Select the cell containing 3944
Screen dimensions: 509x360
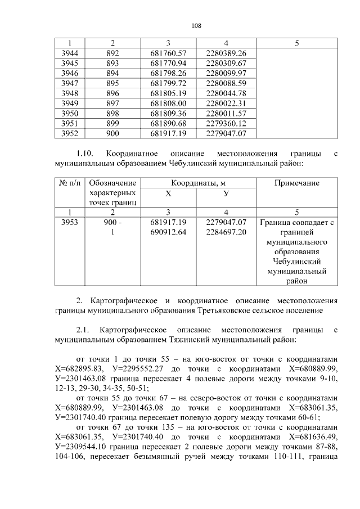70,53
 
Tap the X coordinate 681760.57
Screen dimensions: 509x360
168,53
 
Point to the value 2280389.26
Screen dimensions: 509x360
226,53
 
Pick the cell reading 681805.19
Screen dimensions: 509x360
168,93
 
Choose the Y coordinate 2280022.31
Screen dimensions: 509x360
226,103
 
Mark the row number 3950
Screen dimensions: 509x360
70,114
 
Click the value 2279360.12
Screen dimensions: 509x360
226,124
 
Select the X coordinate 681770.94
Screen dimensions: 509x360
168,63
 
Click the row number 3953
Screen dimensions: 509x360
70,222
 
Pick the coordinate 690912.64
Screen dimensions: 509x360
168,232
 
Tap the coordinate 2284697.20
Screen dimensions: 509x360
226,232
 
